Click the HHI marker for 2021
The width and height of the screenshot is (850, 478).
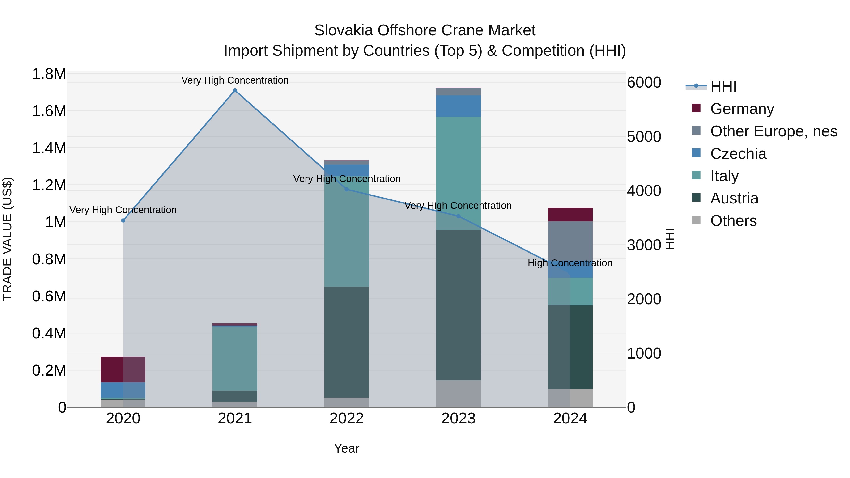coord(235,90)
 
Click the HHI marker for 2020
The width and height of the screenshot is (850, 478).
coord(123,220)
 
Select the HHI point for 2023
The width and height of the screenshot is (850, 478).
coord(458,216)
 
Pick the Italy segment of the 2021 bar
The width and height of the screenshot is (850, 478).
coord(235,359)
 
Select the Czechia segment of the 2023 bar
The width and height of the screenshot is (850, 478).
coord(458,106)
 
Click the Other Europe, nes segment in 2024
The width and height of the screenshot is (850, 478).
coord(570,244)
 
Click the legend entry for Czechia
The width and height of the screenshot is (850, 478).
coord(738,154)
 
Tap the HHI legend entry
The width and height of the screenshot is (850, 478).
coord(723,86)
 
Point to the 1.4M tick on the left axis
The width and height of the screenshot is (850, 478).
coord(49,148)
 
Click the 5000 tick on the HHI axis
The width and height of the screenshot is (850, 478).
coord(644,137)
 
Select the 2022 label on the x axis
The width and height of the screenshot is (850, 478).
coord(346,419)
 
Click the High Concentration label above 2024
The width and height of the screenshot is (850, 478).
coord(570,263)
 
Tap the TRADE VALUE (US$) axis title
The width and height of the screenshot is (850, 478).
coord(7,239)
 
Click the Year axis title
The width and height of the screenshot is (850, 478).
coord(346,448)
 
